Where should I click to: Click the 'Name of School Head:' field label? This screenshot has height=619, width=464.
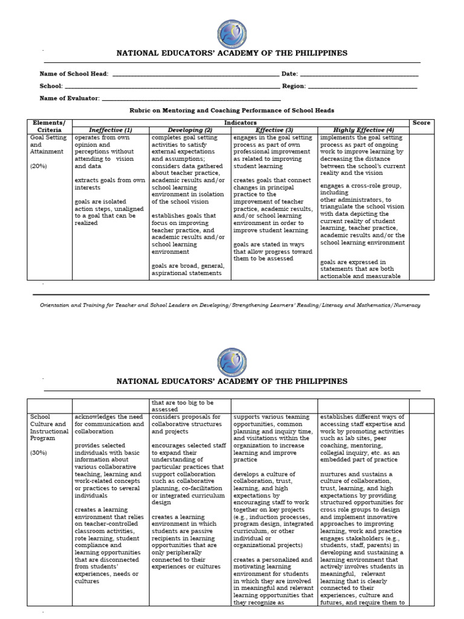pos(74,74)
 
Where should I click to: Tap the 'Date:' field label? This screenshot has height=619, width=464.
pos(289,74)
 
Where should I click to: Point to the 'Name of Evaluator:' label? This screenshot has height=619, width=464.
pos(70,99)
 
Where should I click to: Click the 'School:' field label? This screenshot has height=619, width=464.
pos(51,86)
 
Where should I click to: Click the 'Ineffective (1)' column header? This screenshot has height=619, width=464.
pos(111,130)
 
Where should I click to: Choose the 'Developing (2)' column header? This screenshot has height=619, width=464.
pos(190,130)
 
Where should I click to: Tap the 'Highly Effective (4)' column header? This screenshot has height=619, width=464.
pos(364,130)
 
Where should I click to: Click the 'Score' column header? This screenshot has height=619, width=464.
pos(421,123)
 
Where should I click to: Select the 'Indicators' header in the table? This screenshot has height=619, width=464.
pos(240,123)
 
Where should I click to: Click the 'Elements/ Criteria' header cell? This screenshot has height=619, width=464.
pos(50,126)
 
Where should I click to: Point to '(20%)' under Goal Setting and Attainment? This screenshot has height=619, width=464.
pos(39,165)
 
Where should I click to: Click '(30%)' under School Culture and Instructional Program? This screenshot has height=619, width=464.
pos(39,452)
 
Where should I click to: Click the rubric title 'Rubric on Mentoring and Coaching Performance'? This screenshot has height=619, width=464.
pos(232,111)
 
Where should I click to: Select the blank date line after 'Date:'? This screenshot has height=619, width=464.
pos(359,74)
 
